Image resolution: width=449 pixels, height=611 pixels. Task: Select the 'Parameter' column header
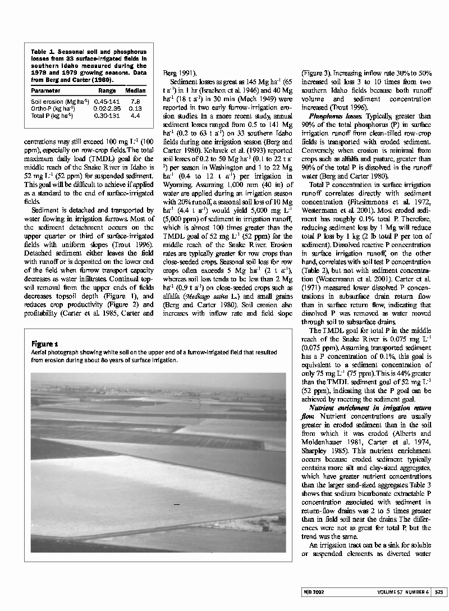pos(46,90)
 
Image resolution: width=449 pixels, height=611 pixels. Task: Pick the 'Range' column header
pos(107,90)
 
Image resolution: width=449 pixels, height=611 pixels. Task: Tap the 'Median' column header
pos(135,90)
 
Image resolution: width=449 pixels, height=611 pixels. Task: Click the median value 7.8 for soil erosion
pos(135,101)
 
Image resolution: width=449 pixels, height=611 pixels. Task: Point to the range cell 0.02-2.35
pos(107,108)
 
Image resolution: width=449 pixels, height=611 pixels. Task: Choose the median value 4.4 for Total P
pos(135,116)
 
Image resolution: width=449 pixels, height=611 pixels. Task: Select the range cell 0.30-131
pos(107,116)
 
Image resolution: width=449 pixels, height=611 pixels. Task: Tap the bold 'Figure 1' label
pos(45,344)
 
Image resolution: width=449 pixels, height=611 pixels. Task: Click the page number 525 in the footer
pos(439,591)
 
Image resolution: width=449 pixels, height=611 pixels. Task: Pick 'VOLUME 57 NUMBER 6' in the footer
pos(403,591)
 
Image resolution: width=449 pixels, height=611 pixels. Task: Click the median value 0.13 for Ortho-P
pos(135,108)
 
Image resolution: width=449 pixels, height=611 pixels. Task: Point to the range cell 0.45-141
pos(107,101)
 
